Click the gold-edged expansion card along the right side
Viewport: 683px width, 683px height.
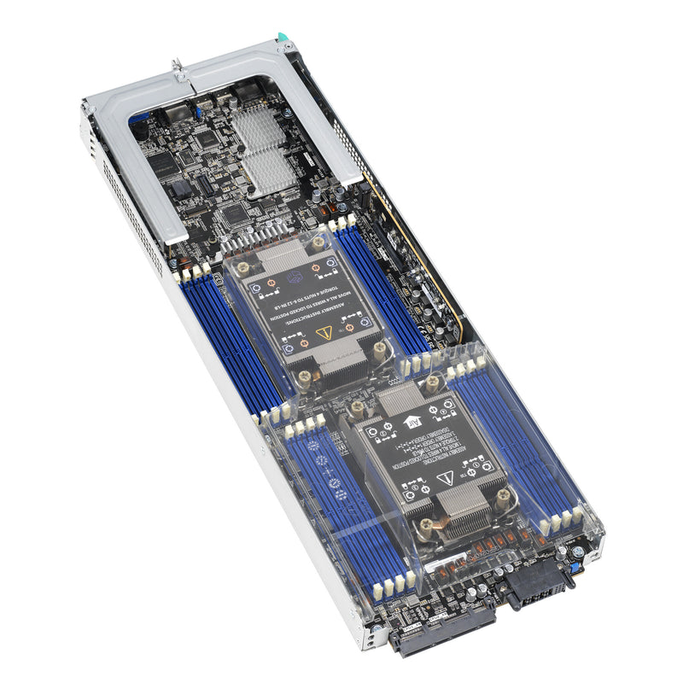[418, 256]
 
